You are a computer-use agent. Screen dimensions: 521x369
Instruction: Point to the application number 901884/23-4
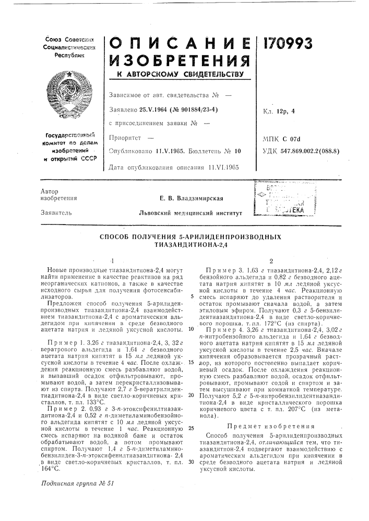coord(200,109)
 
